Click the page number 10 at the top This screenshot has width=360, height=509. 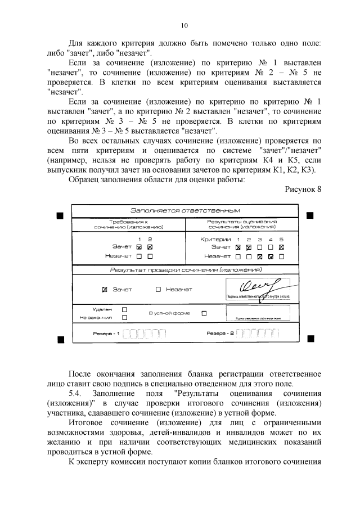tap(184, 25)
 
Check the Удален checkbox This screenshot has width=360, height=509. tap(125, 309)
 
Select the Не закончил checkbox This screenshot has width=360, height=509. tap(125, 317)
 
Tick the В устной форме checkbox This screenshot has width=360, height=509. tap(204, 313)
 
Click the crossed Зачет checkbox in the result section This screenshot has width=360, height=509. tap(105, 290)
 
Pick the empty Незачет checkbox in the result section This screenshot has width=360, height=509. tap(158, 290)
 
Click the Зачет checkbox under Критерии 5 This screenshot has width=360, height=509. tap(281, 247)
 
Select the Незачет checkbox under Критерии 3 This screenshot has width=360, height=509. tap(260, 256)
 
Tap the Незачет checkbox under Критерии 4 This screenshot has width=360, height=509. tap(271, 256)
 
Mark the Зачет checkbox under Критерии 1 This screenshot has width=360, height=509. tap(238, 247)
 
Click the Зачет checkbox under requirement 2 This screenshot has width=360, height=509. tap(150, 247)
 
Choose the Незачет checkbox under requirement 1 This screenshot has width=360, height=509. tap(139, 256)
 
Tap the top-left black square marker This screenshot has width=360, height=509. tap(60, 215)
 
